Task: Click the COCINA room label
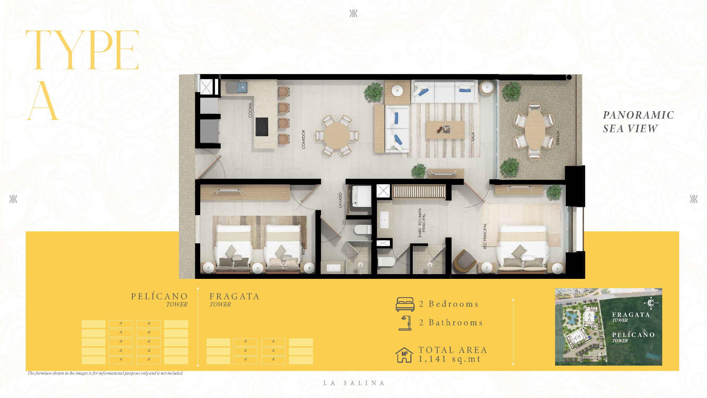coord(250,110)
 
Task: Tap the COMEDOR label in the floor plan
coord(303,140)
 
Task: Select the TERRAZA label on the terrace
coord(558,138)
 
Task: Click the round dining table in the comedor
coord(336,136)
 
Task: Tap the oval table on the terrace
coord(534,130)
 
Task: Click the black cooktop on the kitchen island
coord(262,127)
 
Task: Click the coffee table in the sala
coord(445,130)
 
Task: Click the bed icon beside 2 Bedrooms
coord(405,304)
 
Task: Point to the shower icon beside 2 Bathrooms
coord(405,323)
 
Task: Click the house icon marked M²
coord(404,355)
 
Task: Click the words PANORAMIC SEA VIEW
coord(638,122)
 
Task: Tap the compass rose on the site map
coord(651,303)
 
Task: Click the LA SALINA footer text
coord(354,383)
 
